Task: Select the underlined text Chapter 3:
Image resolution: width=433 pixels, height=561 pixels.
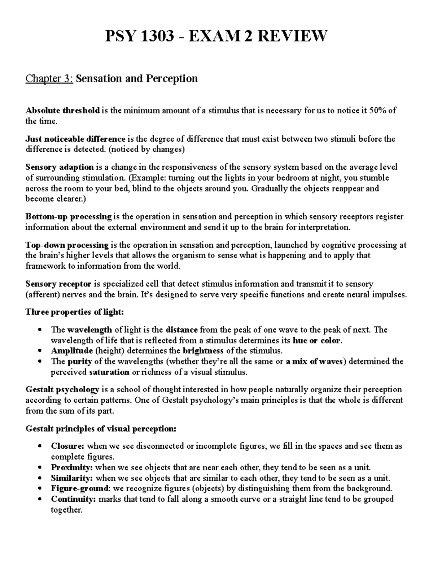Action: point(49,78)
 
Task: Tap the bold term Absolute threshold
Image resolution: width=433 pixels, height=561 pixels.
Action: point(62,111)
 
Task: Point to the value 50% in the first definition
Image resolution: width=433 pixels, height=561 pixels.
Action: point(379,111)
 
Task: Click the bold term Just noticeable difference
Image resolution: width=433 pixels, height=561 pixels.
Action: point(75,139)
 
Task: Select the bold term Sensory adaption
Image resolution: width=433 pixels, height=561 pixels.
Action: point(60,167)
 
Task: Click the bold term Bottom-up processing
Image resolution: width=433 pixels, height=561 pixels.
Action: point(69,217)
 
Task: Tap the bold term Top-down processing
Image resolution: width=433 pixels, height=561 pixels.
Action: point(67,245)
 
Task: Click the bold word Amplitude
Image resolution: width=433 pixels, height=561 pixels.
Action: point(72,351)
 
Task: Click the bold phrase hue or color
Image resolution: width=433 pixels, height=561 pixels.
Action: point(316,340)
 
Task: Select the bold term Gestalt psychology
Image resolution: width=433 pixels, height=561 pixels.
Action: point(62,390)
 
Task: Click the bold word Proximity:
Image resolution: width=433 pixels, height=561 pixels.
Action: point(72,467)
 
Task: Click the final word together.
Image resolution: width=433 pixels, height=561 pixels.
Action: point(67,510)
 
